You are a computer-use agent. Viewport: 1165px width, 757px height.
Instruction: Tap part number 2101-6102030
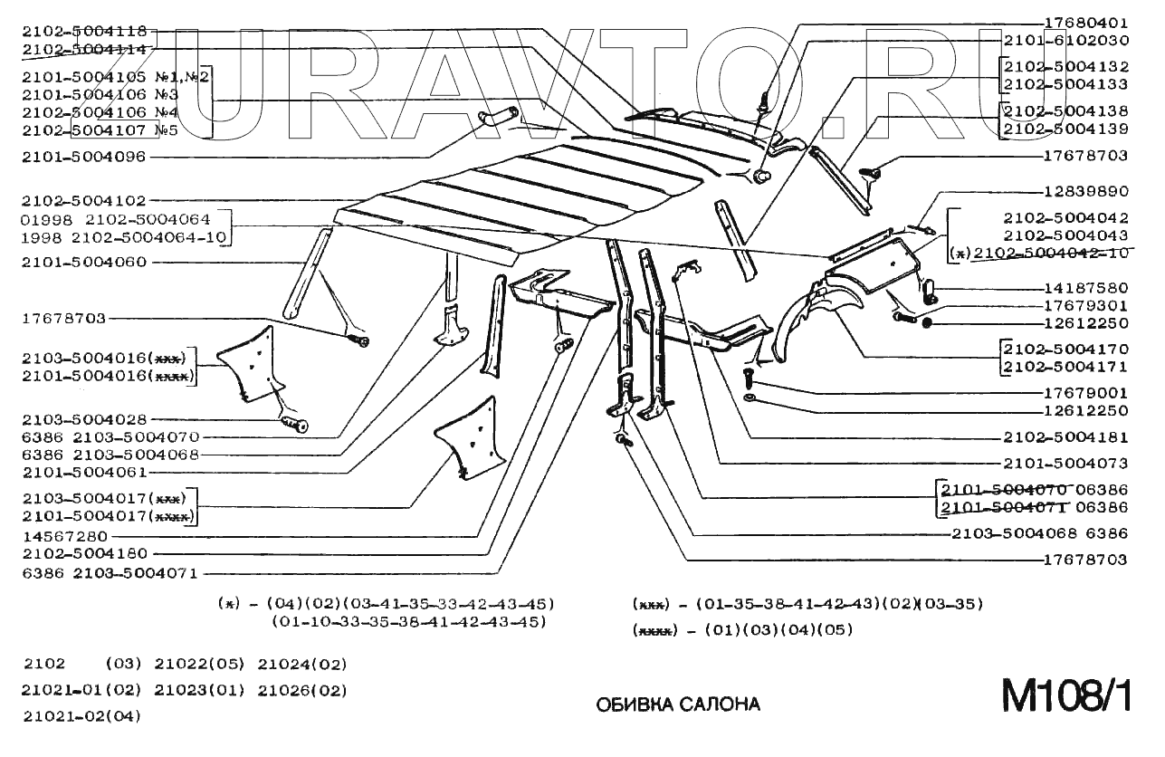[x=1065, y=41]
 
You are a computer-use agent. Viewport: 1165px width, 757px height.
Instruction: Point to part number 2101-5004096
[x=83, y=157]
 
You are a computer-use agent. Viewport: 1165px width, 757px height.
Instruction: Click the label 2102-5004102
[x=83, y=200]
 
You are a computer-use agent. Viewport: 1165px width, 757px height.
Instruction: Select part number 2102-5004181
[x=1065, y=437]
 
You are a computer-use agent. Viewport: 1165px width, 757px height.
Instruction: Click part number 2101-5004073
[x=1065, y=463]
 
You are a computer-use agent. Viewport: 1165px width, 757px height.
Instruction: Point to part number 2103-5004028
[x=83, y=419]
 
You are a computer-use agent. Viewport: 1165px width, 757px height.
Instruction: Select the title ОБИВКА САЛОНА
[x=678, y=704]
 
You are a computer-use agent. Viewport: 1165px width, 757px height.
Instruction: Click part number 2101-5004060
[x=83, y=263]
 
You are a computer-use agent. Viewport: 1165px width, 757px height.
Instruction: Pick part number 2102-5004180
[x=83, y=553]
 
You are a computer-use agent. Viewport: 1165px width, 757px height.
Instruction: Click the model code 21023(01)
[x=200, y=690]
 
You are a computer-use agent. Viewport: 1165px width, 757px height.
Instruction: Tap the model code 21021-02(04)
[x=82, y=715]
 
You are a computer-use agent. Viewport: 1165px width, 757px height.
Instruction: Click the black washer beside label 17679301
[x=927, y=323]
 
